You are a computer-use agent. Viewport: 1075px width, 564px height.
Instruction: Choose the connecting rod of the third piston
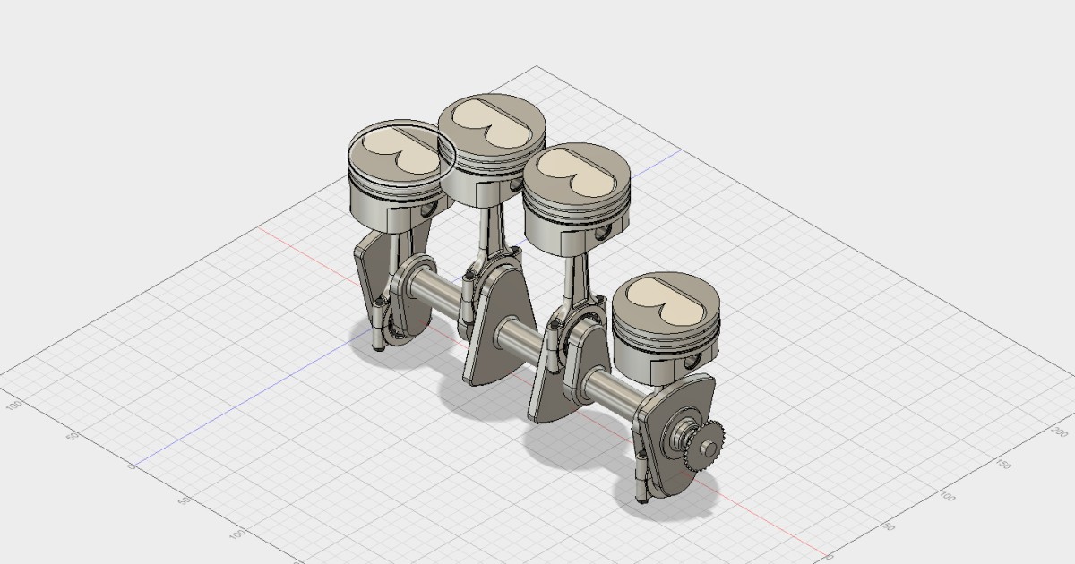point(567,286)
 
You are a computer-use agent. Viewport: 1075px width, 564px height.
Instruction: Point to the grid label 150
point(1004,466)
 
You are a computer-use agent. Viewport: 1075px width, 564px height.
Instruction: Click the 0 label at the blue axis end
point(132,466)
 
